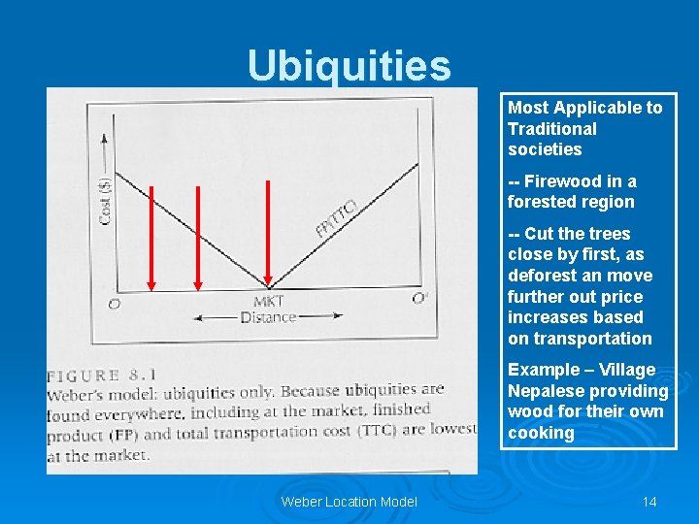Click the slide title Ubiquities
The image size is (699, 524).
coord(349,66)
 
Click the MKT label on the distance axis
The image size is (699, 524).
coord(268,302)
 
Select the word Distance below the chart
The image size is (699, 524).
coord(268,317)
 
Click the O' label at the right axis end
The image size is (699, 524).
coord(419,299)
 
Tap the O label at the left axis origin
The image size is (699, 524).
coord(115,303)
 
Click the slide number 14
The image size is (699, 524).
coord(649,502)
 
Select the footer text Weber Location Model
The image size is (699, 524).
coord(349,502)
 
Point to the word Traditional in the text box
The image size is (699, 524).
coord(551,129)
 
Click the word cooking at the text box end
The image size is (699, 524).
coord(541,433)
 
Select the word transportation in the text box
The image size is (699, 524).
coord(580,339)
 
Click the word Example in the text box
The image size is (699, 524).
coord(540,370)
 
